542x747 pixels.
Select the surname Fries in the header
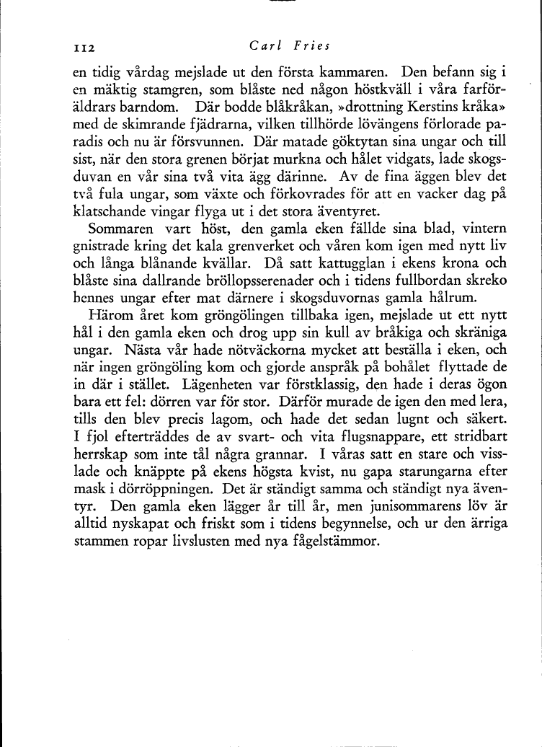[x=310, y=46]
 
